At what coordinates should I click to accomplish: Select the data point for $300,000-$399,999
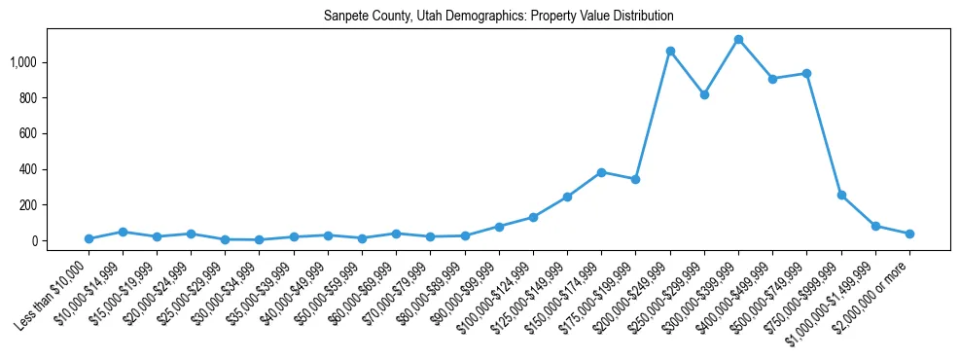[738, 40]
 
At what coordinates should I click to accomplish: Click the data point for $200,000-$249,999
[670, 51]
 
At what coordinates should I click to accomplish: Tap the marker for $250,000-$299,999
[704, 94]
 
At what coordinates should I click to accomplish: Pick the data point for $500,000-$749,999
[806, 74]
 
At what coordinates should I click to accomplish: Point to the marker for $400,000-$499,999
[772, 79]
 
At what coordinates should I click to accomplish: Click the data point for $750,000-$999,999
[841, 195]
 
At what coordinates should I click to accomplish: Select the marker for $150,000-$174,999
[601, 172]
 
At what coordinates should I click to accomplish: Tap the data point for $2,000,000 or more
[909, 234]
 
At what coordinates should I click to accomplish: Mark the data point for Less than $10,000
[89, 238]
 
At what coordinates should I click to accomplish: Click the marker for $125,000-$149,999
[567, 197]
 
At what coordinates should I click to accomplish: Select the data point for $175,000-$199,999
[635, 179]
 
